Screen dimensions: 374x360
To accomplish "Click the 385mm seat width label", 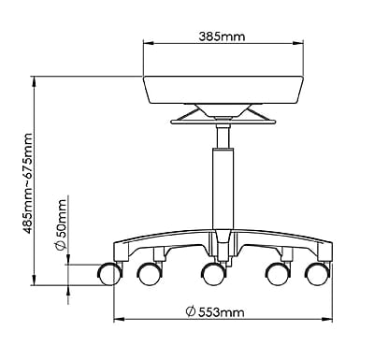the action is click(x=222, y=36).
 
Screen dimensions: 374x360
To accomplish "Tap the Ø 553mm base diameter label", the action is click(x=215, y=311).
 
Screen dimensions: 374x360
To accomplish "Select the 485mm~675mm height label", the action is click(x=28, y=183).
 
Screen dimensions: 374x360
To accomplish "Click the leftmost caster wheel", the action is click(x=109, y=274).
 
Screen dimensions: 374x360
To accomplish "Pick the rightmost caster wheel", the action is click(x=318, y=274).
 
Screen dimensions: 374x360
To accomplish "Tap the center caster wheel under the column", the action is click(x=213, y=274).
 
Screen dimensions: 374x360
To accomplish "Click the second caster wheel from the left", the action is click(x=151, y=274).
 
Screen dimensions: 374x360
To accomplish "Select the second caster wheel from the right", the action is click(x=278, y=274).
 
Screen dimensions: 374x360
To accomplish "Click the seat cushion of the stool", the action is click(x=223, y=90).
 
